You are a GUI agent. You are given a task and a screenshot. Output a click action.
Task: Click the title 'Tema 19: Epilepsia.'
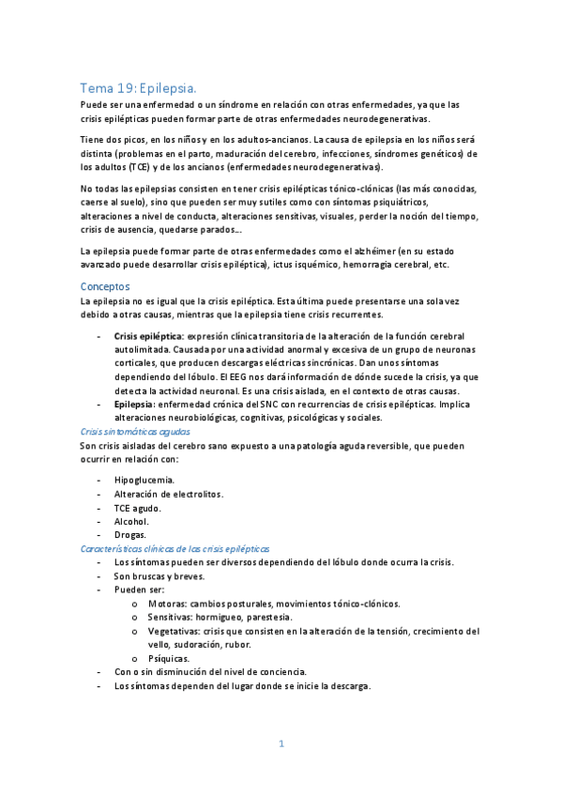click(138, 85)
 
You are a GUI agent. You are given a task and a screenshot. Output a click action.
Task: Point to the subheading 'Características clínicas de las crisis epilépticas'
click(175, 547)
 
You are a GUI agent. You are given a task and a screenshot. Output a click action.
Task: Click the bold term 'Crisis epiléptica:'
click(148, 336)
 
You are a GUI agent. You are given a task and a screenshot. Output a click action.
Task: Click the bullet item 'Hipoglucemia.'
click(144, 480)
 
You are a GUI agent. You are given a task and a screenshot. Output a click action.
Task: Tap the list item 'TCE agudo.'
click(138, 507)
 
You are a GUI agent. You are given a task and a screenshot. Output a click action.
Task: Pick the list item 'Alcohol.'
click(131, 521)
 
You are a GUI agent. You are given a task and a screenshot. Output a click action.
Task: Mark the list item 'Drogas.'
click(130, 534)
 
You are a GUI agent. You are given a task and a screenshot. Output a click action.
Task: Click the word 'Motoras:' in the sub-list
click(166, 604)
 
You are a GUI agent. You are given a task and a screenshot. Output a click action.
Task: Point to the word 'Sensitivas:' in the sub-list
click(171, 617)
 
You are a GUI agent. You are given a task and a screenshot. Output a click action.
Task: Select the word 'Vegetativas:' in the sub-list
click(174, 631)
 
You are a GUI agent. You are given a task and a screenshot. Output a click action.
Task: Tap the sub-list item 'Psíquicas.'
click(168, 658)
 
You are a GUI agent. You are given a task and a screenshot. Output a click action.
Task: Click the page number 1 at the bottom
click(281, 743)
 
